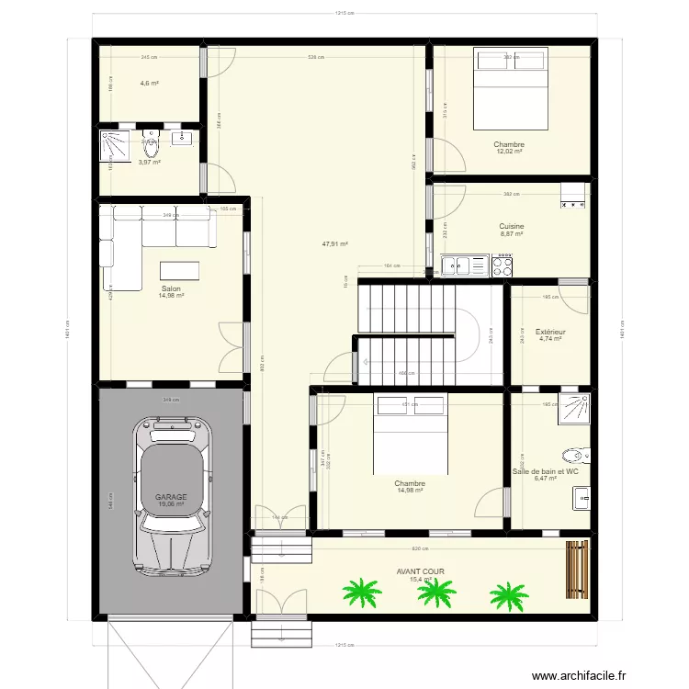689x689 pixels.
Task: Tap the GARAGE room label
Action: (170, 495)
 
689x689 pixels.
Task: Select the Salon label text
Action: (170, 288)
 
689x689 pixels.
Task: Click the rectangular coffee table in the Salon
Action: (179, 271)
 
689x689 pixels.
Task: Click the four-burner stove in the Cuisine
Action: (503, 266)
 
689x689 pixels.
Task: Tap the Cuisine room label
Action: (511, 226)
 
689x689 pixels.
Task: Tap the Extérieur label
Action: (549, 332)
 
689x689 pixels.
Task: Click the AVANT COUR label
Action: (420, 570)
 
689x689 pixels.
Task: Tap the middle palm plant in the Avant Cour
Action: (435, 593)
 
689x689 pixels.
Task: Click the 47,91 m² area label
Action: (334, 244)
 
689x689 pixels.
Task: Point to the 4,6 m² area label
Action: (149, 84)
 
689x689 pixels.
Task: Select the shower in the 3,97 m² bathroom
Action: (117, 145)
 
